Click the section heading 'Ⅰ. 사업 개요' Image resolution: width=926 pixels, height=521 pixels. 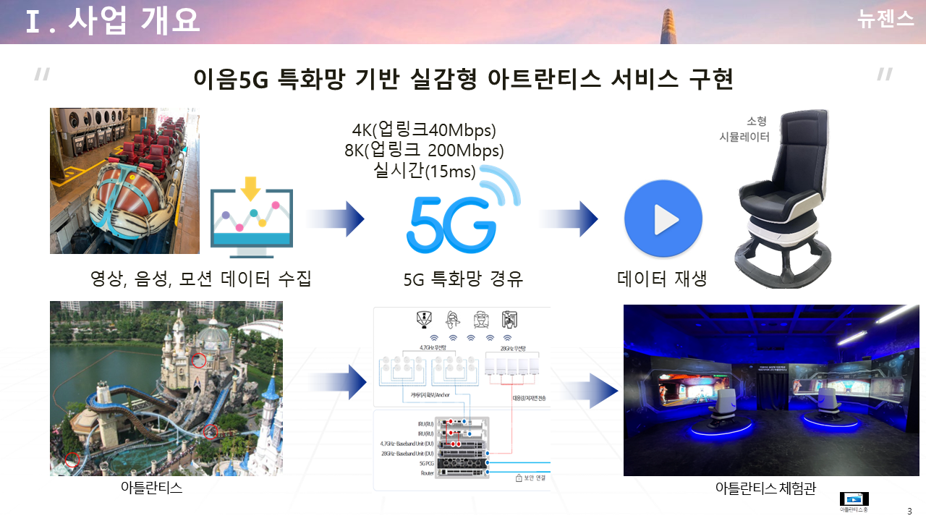pos(112,22)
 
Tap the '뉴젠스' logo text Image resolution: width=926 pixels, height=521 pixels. pos(885,20)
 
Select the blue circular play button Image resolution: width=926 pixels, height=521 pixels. pos(663,219)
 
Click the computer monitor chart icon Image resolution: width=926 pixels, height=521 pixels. pos(251,224)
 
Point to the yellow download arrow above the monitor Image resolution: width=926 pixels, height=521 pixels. pos(250,189)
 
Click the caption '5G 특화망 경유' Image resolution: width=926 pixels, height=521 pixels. pos(463,279)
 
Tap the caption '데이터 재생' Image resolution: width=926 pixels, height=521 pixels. pos(662,279)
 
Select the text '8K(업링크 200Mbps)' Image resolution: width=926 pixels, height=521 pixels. pos(424,151)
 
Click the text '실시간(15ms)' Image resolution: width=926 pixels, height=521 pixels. pos(424,171)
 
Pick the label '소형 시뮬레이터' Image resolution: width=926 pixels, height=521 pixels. pos(744,129)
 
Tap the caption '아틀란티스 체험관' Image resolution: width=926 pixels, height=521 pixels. pos(765,488)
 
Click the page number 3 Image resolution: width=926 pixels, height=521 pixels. pos(909,511)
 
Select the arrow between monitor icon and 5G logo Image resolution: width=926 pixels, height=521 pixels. pos(336,219)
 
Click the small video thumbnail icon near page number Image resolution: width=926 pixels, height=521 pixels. pos(854,499)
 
